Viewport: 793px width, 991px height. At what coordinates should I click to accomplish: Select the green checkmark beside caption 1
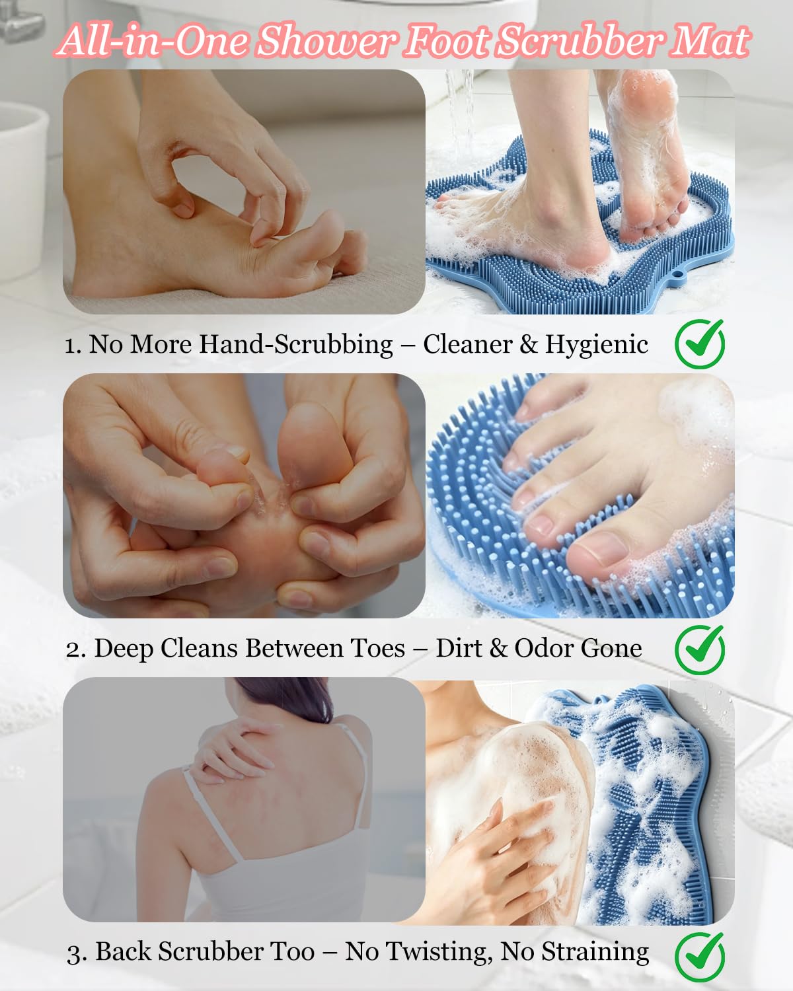700,344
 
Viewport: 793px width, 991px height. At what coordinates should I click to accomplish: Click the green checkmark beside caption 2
700,649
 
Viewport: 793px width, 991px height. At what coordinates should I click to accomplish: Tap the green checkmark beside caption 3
700,957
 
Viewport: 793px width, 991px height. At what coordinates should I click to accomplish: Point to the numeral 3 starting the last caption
74,954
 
